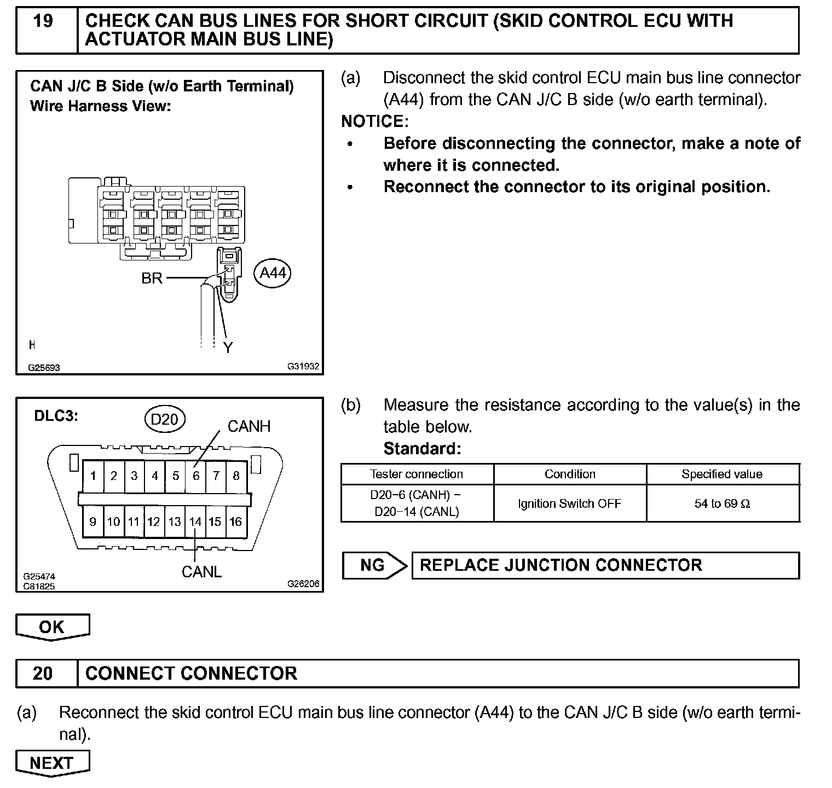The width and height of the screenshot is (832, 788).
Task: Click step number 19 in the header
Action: pyautogui.click(x=43, y=21)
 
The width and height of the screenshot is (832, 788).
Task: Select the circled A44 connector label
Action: pyautogui.click(x=273, y=273)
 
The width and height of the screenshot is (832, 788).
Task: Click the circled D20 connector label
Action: pyautogui.click(x=164, y=419)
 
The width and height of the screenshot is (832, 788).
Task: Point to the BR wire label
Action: pyautogui.click(x=152, y=279)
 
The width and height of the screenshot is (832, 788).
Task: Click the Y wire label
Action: pyautogui.click(x=228, y=347)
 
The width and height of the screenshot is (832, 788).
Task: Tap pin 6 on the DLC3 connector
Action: pyautogui.click(x=196, y=476)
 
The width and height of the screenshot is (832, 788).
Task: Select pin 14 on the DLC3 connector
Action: pyautogui.click(x=195, y=522)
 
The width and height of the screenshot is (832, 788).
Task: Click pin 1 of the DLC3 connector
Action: pyautogui.click(x=93, y=476)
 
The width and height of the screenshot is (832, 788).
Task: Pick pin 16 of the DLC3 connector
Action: pyautogui.click(x=235, y=522)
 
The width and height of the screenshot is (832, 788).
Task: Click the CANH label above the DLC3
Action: pyautogui.click(x=249, y=427)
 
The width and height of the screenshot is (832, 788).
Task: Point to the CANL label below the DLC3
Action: pyautogui.click(x=201, y=572)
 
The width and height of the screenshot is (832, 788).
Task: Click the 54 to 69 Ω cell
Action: pyautogui.click(x=722, y=503)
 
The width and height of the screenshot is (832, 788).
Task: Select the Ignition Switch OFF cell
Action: pyautogui.click(x=570, y=503)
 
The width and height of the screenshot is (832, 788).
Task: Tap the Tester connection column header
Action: pyautogui.click(x=416, y=474)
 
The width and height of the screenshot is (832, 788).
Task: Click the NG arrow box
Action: pyautogui.click(x=374, y=565)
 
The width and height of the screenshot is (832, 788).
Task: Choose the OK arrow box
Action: pyautogui.click(x=52, y=627)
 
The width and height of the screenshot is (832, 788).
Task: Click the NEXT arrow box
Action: pyautogui.click(x=52, y=763)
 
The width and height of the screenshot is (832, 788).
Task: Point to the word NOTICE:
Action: pyautogui.click(x=374, y=121)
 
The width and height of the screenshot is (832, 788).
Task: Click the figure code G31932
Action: pyautogui.click(x=303, y=367)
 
